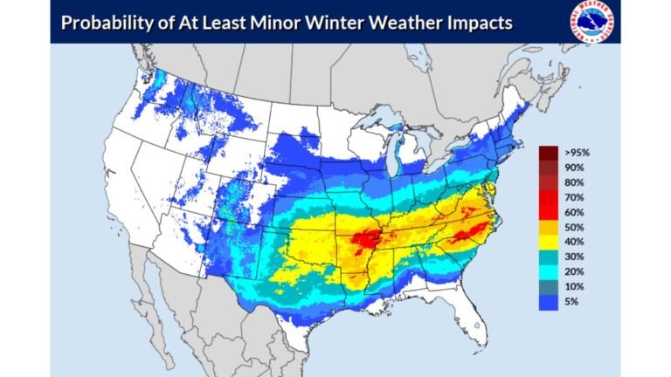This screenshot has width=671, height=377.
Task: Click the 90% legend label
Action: [x=574, y=168]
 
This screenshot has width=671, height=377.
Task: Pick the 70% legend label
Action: [x=574, y=197]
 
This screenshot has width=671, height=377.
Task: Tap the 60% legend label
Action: [x=574, y=212]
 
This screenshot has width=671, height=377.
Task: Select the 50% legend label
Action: [x=574, y=227]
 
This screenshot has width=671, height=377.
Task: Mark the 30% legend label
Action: [x=574, y=257]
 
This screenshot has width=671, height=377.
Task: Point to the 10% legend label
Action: [x=574, y=287]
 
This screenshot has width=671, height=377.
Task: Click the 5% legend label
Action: [x=571, y=302]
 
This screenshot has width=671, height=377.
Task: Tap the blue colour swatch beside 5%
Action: [x=549, y=302]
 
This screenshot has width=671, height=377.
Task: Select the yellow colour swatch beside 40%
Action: [x=549, y=242]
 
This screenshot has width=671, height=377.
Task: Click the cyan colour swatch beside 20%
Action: [x=549, y=272]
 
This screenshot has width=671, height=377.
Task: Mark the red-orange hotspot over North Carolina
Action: [x=463, y=231]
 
